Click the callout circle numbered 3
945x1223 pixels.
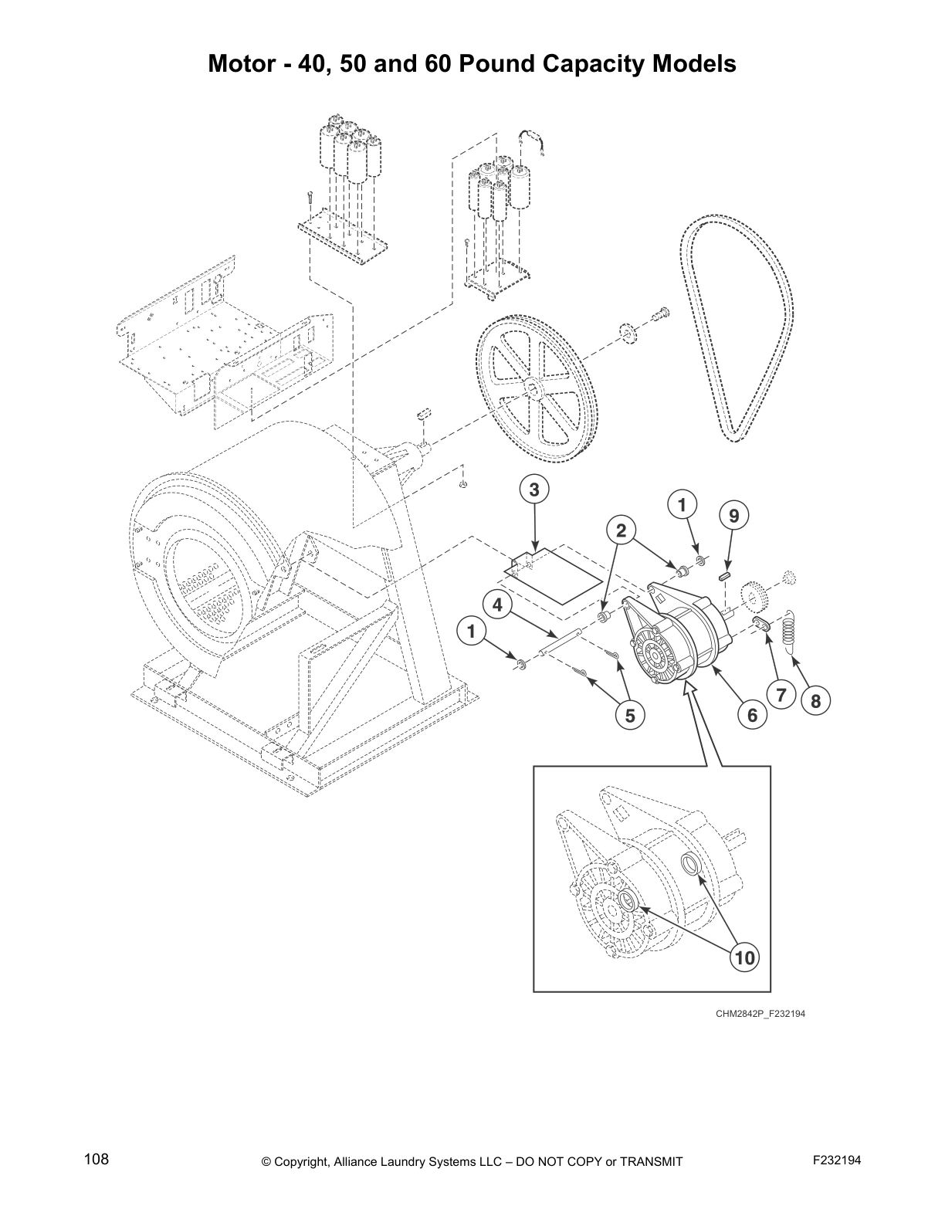(534, 489)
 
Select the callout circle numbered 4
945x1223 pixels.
(498, 605)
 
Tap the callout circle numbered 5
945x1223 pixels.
(630, 716)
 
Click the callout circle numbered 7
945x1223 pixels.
(781, 695)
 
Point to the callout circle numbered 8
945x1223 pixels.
(816, 701)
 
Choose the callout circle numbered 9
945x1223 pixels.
(734, 515)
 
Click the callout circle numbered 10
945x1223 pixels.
(743, 958)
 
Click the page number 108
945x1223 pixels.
(97, 1159)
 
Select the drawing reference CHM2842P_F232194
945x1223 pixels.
(760, 1014)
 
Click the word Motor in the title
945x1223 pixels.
(246, 63)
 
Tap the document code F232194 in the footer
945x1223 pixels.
(837, 1160)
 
